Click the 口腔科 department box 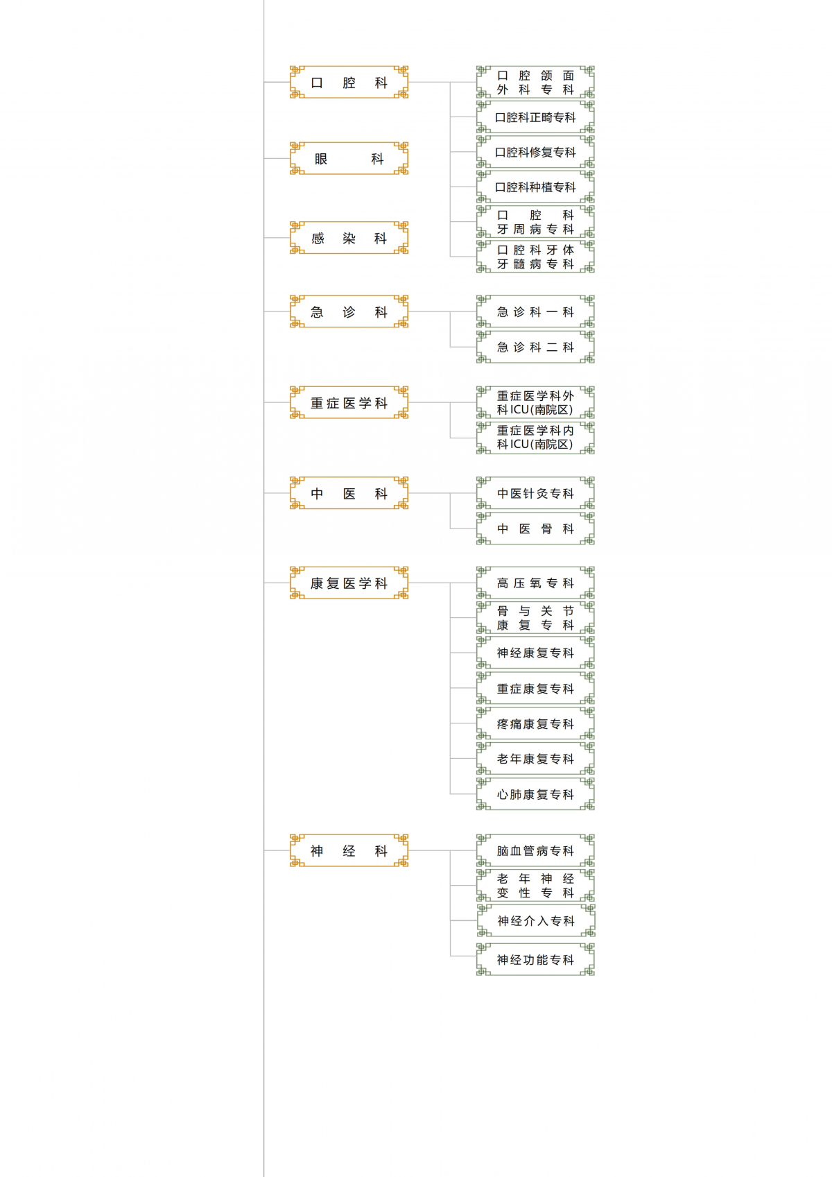point(349,82)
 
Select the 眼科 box point(349,158)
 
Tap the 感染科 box point(349,238)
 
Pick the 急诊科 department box point(349,311)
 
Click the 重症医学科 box point(349,402)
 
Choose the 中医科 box point(349,493)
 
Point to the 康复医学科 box point(349,583)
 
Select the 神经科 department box point(349,850)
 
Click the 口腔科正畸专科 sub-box point(535,117)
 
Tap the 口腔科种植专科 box point(535,187)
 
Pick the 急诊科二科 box point(535,347)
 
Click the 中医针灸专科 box point(535,493)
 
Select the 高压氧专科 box point(535,583)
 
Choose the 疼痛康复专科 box point(535,723)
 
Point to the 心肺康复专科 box point(535,794)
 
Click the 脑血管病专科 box point(535,850)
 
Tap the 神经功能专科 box point(535,959)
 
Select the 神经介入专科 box point(536,920)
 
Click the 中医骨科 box point(535,528)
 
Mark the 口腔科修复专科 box point(535,152)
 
